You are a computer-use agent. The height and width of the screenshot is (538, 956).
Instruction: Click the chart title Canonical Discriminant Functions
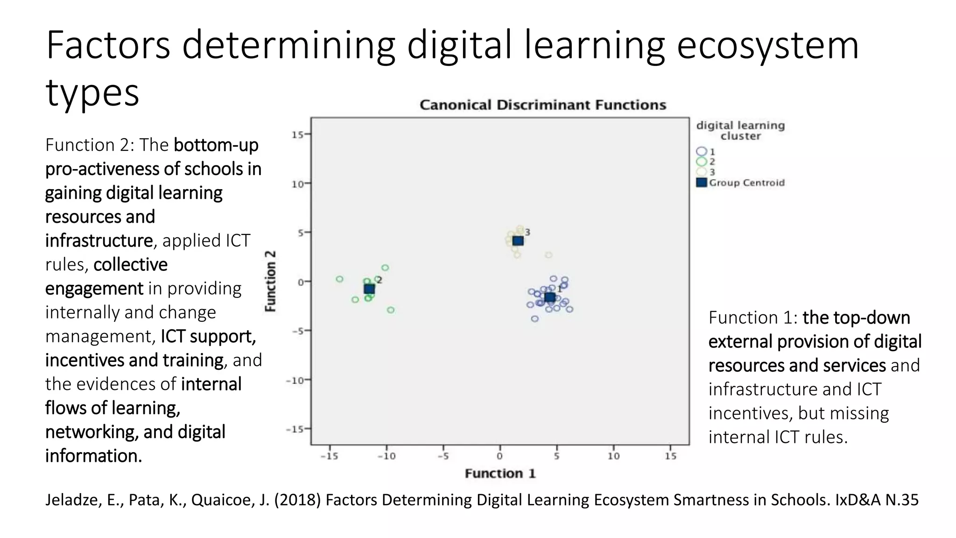point(542,105)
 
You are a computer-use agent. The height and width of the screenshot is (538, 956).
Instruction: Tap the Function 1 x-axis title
point(500,474)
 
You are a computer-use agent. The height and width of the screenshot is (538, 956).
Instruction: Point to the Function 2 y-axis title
point(271,281)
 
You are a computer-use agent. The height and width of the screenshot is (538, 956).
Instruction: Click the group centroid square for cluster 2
point(369,289)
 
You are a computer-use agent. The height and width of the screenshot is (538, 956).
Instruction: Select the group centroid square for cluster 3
point(518,241)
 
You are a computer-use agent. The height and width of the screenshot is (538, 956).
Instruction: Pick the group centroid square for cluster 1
point(550,297)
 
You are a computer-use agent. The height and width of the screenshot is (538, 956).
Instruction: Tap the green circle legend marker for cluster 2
point(701,162)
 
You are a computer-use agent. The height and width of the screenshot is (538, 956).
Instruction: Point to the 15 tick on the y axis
point(297,134)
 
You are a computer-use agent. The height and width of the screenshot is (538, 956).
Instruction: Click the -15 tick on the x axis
point(329,456)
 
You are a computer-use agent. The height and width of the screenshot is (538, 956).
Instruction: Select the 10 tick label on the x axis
point(613,456)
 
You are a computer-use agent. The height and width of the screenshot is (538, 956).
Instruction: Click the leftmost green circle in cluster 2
point(340,279)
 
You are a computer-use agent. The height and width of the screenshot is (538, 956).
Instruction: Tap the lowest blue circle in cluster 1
point(535,319)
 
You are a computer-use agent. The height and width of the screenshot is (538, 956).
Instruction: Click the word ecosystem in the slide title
point(767,45)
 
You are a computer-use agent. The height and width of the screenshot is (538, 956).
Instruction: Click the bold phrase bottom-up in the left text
point(216,145)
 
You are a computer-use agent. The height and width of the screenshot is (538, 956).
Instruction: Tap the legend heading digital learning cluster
point(740,131)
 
